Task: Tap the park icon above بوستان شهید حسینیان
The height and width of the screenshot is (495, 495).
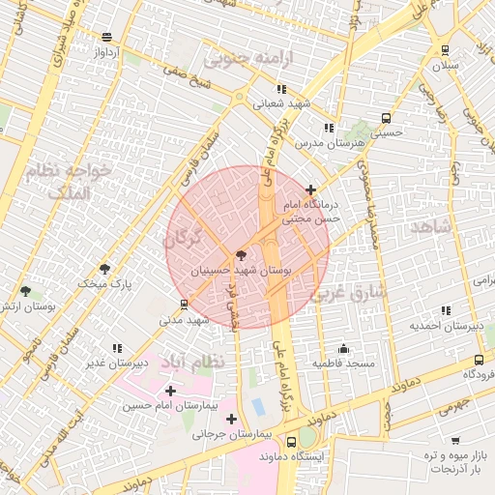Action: pos(241,255)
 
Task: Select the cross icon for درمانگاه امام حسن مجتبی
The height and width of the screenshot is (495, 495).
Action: pos(309,190)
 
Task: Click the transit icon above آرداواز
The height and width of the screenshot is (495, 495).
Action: pos(105,37)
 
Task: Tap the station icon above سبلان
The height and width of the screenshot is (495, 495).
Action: pos(445,50)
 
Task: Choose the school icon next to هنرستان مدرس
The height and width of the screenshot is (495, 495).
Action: pos(329,127)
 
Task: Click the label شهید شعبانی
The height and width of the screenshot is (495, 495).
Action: pos(281,104)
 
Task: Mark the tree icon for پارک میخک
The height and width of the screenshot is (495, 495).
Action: pos(104,269)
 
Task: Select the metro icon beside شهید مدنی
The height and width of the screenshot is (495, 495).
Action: pos(184,305)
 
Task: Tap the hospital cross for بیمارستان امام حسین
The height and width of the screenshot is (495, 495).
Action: pos(171,391)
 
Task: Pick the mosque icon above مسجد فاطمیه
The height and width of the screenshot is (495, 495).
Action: pos(343,348)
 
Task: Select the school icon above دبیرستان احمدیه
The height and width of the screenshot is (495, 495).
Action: pos(446,310)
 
